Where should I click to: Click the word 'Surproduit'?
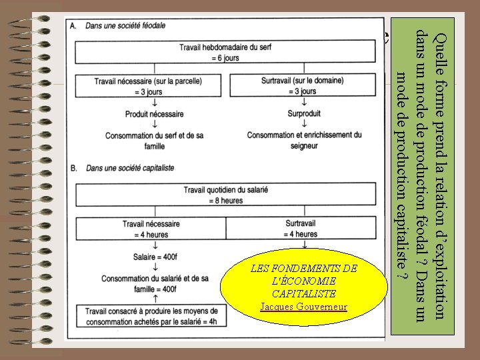304,114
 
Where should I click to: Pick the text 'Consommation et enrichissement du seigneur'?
304,140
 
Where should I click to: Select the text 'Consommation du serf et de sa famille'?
154,140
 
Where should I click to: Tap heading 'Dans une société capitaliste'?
130,168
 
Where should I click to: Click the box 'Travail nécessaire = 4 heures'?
151,229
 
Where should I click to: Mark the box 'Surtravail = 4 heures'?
301,229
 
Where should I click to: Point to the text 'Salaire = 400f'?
155,256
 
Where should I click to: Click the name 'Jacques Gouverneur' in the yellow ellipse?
303,307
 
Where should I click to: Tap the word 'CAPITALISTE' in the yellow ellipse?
303,293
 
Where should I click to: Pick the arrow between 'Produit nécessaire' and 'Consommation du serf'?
155,124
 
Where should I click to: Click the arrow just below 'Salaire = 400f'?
155,267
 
